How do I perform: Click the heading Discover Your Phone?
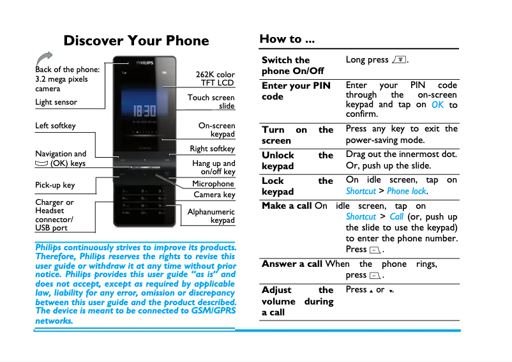point(136,41)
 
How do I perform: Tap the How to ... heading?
point(287,39)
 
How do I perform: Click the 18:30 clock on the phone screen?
point(144,110)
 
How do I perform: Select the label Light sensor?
point(56,102)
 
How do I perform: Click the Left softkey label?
point(56,126)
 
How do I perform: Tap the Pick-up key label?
point(55,185)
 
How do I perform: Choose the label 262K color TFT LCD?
point(215,79)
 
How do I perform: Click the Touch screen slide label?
point(211,102)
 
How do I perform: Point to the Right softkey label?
point(213,149)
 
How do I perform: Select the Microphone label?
point(213,184)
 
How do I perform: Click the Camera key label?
point(214,195)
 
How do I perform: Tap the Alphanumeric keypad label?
point(211,216)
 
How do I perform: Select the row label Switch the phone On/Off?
point(293,65)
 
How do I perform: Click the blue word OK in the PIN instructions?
point(437,105)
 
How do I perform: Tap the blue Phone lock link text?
point(407,191)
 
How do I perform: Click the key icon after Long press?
point(400,60)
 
